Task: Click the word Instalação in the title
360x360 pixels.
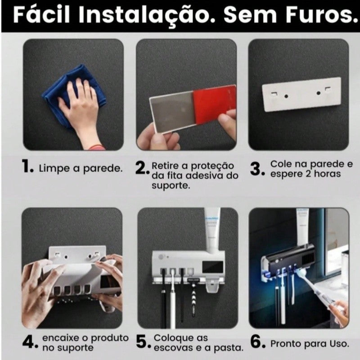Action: click(147, 15)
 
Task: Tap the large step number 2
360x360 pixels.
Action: click(142, 168)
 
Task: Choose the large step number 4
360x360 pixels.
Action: click(30, 342)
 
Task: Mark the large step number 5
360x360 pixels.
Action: click(143, 342)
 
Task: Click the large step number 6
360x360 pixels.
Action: click(257, 342)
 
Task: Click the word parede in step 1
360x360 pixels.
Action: click(103, 169)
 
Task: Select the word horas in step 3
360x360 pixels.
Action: click(327, 174)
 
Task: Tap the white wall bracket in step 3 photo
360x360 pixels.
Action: click(301, 94)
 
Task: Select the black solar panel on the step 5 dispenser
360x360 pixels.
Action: click(212, 267)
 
